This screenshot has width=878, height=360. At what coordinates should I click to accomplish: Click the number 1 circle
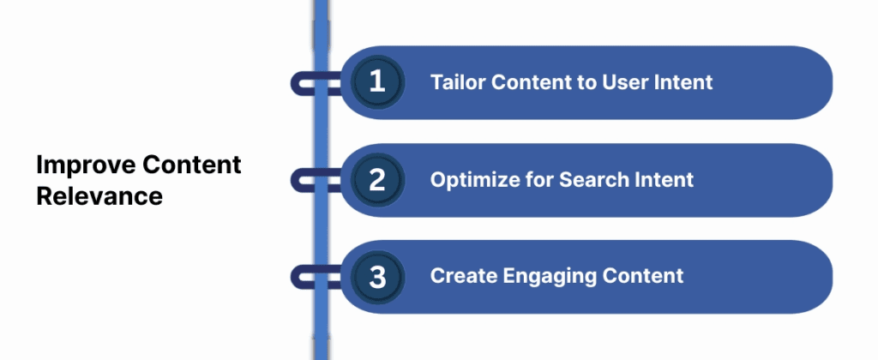coord(376,82)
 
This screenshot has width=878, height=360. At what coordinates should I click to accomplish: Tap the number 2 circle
coord(376,180)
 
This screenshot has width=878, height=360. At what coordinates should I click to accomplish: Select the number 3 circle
coord(376,276)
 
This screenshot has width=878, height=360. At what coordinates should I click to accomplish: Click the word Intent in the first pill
coord(683,83)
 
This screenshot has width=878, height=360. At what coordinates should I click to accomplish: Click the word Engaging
coord(540,277)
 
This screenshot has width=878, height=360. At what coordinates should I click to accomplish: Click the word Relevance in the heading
coord(99,195)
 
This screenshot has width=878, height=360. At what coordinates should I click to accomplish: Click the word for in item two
coord(539,180)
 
